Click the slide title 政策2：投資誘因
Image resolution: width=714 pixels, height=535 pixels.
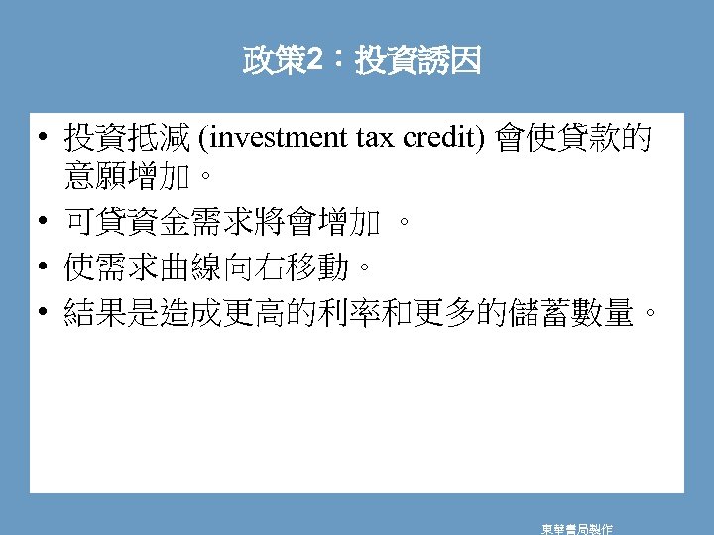(362, 62)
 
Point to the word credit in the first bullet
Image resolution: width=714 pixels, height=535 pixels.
(441, 138)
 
